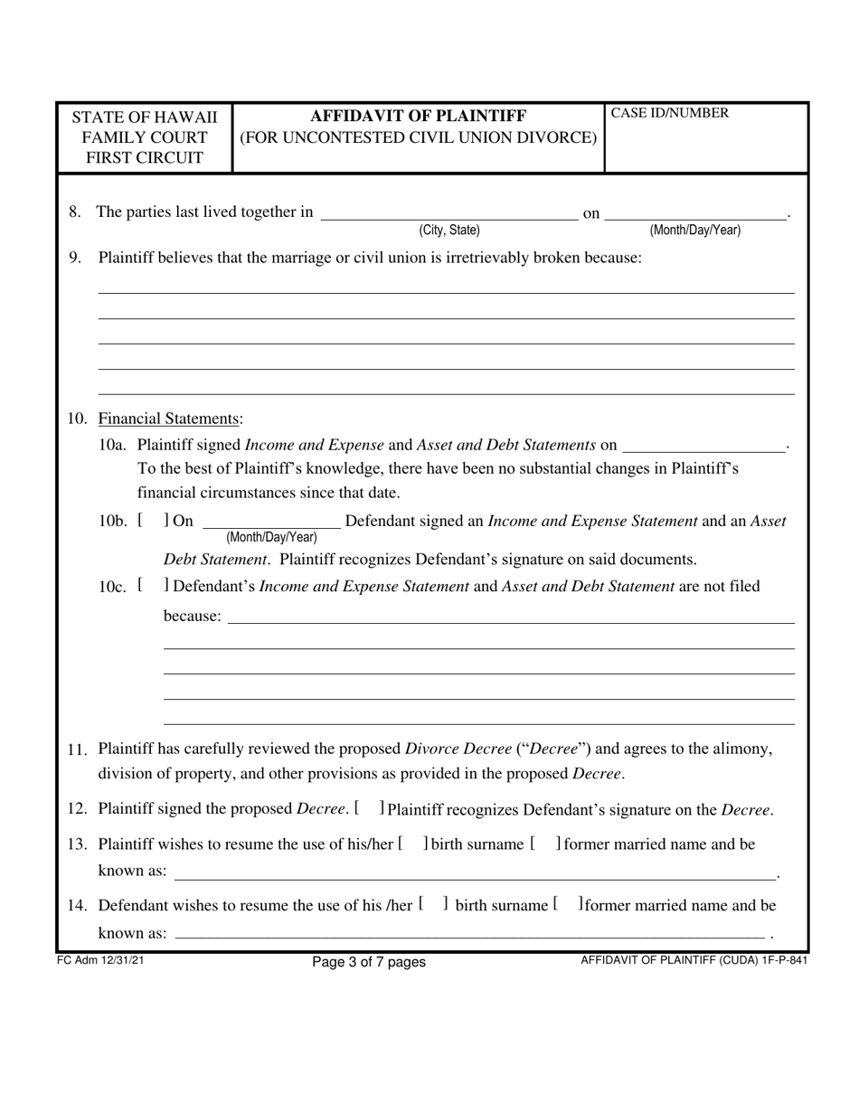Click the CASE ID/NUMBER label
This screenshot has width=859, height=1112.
670,114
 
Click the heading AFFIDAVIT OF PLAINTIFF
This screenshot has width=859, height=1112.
418,116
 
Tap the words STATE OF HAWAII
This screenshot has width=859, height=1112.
145,118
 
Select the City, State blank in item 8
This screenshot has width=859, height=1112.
449,213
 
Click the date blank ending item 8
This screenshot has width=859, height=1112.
695,213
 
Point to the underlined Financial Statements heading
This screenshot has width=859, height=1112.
169,419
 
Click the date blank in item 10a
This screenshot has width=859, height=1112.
704,444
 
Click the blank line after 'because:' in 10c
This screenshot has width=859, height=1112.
511,617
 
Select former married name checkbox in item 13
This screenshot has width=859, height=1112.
544,844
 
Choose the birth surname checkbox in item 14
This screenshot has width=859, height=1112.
433,905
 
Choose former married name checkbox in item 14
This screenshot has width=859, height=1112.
566,905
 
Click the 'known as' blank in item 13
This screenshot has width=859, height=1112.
475,872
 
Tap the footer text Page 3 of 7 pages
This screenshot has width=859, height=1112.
368,962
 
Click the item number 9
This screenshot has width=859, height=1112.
76,258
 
